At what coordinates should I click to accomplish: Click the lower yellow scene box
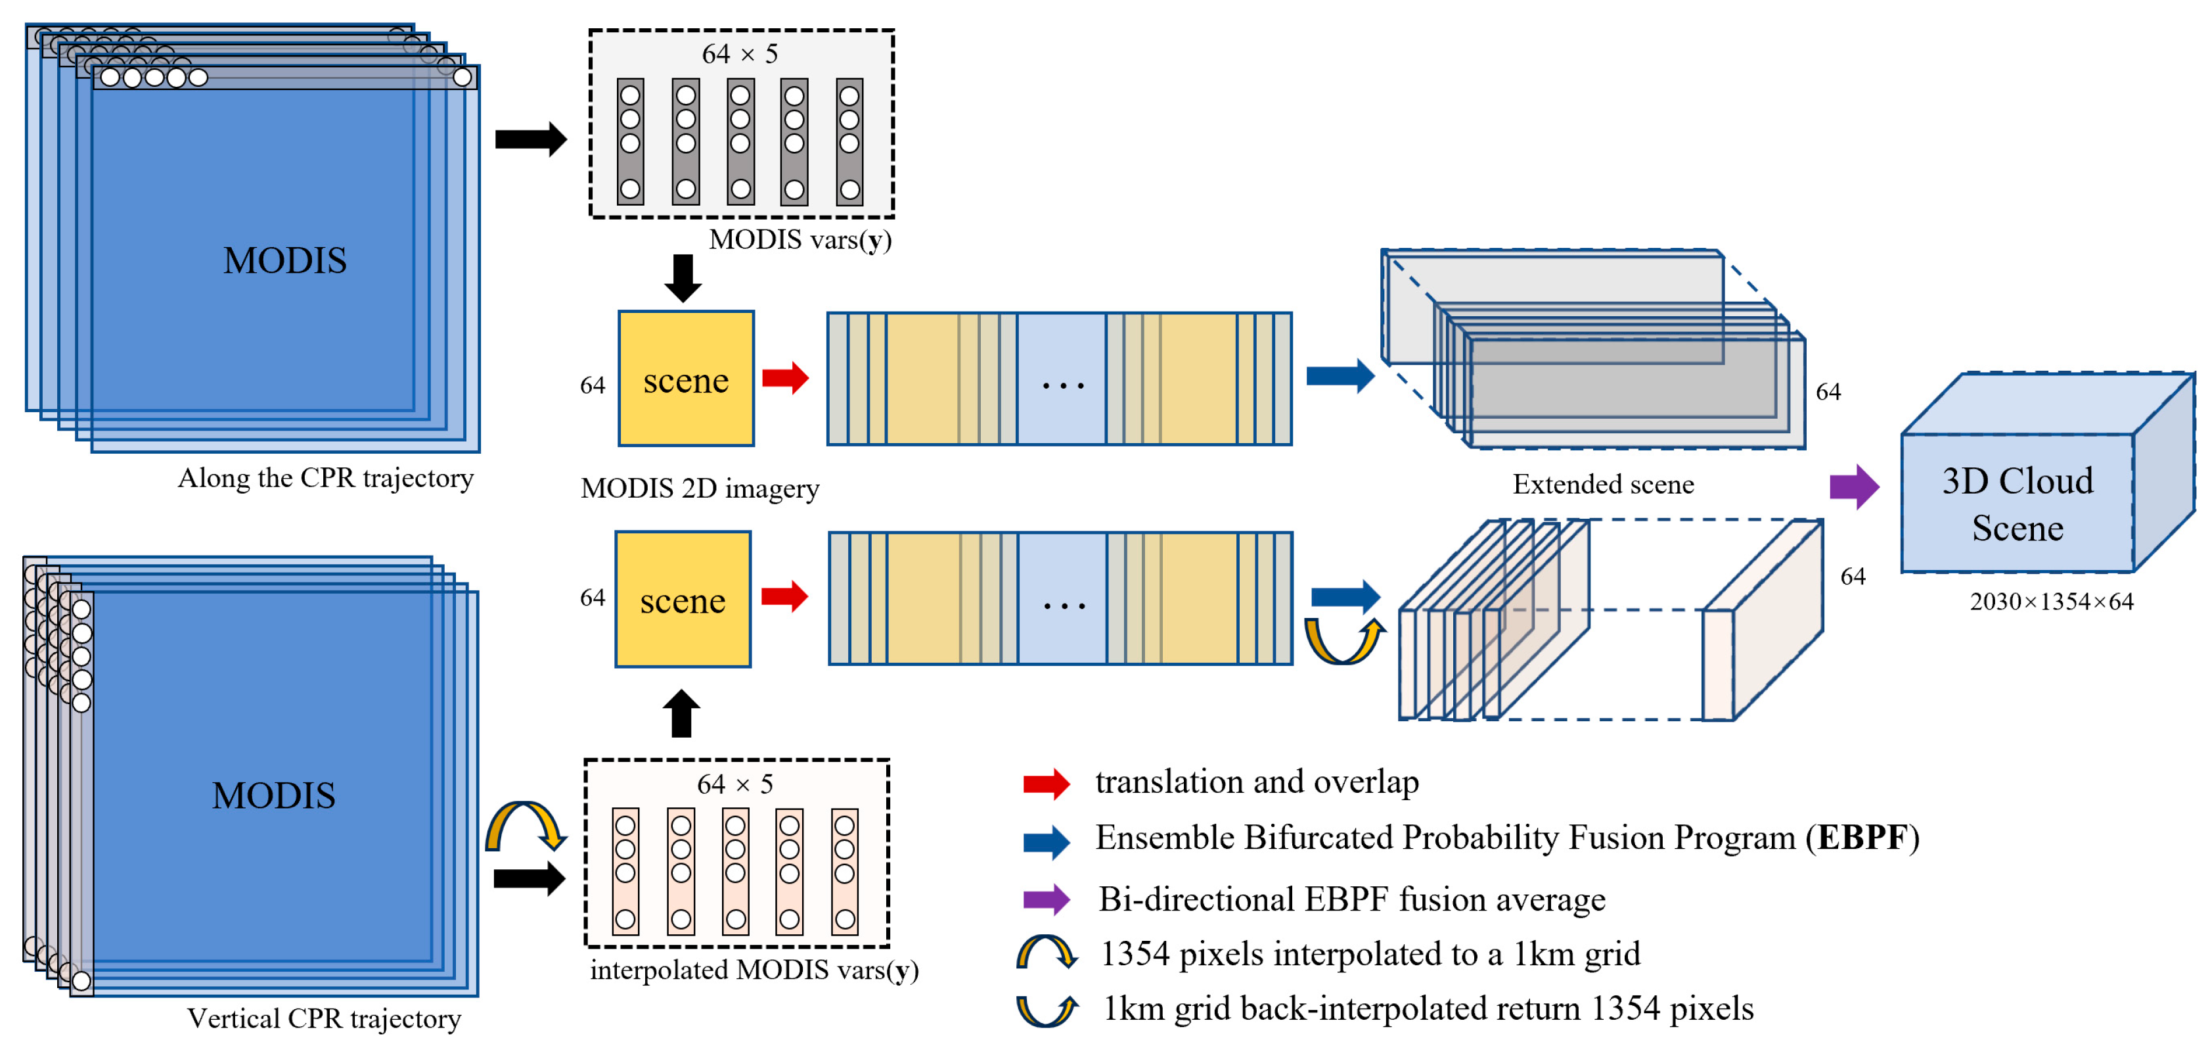pyautogui.click(x=682, y=599)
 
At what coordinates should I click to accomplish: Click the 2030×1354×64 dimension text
pyautogui.click(x=2050, y=602)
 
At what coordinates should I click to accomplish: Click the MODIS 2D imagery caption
pyautogui.click(x=699, y=488)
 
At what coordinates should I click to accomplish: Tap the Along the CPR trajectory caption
pyautogui.click(x=325, y=478)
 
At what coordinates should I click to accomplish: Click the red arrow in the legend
pyautogui.click(x=1046, y=784)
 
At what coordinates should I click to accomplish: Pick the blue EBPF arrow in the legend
pyautogui.click(x=1046, y=842)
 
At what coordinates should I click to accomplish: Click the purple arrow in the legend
pyautogui.click(x=1046, y=899)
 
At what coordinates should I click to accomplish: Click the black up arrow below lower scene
pyautogui.click(x=681, y=713)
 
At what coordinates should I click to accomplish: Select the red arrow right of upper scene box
pyautogui.click(x=785, y=377)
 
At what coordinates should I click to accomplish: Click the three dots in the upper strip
pyautogui.click(x=1062, y=385)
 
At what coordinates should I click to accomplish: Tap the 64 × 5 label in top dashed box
pyautogui.click(x=740, y=54)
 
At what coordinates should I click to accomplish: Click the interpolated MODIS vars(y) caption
pyautogui.click(x=754, y=970)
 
